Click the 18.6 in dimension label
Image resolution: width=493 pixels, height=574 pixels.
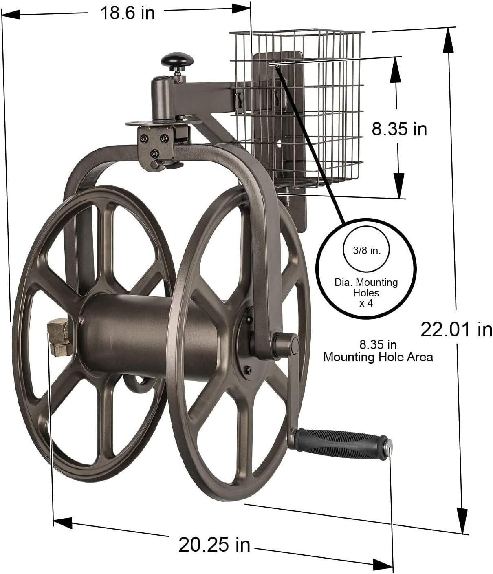pyautogui.click(x=128, y=13)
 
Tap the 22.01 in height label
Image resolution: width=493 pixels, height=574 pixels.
pyautogui.click(x=456, y=329)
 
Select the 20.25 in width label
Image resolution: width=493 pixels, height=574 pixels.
pyautogui.click(x=214, y=544)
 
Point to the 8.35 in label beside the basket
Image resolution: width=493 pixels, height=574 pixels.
pyautogui.click(x=399, y=129)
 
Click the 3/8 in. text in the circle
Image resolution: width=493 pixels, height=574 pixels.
pyautogui.click(x=366, y=250)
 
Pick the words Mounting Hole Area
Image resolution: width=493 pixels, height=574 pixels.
pyautogui.click(x=378, y=357)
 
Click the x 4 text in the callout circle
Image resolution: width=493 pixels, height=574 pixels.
pyautogui.click(x=366, y=303)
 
